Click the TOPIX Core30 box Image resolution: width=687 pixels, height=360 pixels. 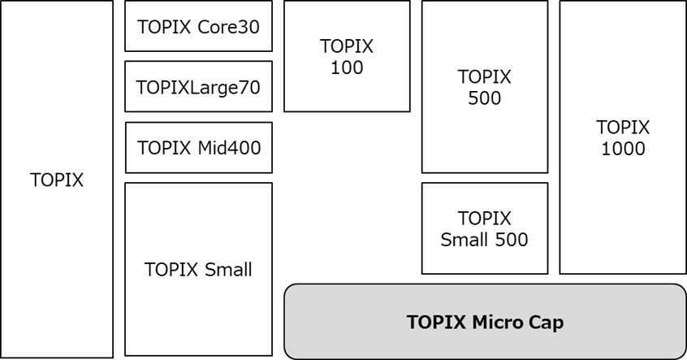pyautogui.click(x=198, y=26)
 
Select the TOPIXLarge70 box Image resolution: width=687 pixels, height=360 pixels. pyautogui.click(x=198, y=87)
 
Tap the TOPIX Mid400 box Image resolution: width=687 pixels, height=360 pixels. pyautogui.click(x=198, y=148)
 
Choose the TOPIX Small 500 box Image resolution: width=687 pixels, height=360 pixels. pyautogui.click(x=484, y=228)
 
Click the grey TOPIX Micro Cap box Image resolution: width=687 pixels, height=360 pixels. pyautogui.click(x=485, y=322)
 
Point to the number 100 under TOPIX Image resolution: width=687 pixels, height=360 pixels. pyautogui.click(x=347, y=68)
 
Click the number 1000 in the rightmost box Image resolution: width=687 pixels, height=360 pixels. pyautogui.click(x=623, y=149)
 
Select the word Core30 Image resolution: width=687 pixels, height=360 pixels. pyautogui.click(x=228, y=27)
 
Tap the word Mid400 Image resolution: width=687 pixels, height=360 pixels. pyautogui.click(x=228, y=148)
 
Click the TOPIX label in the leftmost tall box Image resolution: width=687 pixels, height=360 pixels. pyautogui.click(x=57, y=180)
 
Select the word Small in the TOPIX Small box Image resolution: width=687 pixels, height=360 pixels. pyautogui.click(x=227, y=270)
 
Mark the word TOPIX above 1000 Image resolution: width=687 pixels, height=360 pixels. pyautogui.click(x=623, y=128)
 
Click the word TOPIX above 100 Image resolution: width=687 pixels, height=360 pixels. pyautogui.click(x=347, y=47)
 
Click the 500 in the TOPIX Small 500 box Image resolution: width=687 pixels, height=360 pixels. pyautogui.click(x=512, y=240)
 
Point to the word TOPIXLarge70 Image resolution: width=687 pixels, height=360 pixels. pyautogui.click(x=198, y=87)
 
